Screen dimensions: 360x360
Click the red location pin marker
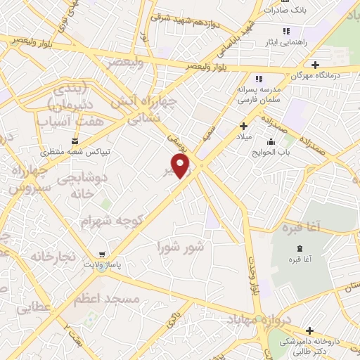coord(181,166)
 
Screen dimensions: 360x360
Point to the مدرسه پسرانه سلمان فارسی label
coord(258,94)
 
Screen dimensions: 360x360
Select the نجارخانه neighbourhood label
coord(52,256)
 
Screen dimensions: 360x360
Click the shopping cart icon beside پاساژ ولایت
coord(104,254)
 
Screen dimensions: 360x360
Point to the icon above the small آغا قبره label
coord(300,249)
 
